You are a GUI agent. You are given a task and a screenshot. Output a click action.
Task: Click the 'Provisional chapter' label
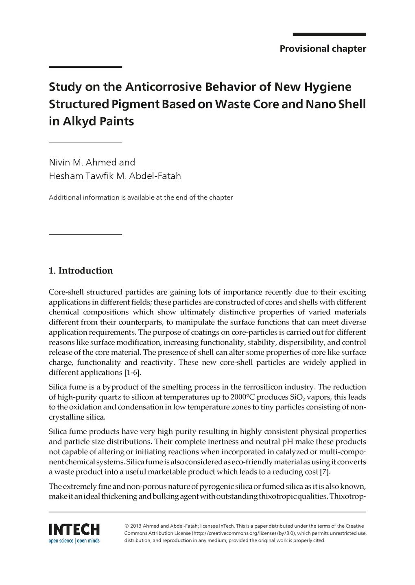(323, 49)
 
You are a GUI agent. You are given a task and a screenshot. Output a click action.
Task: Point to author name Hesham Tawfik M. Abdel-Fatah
(115, 176)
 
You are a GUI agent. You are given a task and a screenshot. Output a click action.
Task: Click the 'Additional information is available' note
(140, 198)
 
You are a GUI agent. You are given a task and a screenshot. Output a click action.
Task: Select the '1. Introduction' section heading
(81, 271)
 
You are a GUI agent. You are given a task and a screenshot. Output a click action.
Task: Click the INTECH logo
(74, 529)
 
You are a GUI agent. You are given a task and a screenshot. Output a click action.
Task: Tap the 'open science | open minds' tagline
(74, 541)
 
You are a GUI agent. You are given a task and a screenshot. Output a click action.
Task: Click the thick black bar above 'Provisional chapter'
(329, 35)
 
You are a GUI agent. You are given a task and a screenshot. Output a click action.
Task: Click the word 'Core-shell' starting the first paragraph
(66, 292)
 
